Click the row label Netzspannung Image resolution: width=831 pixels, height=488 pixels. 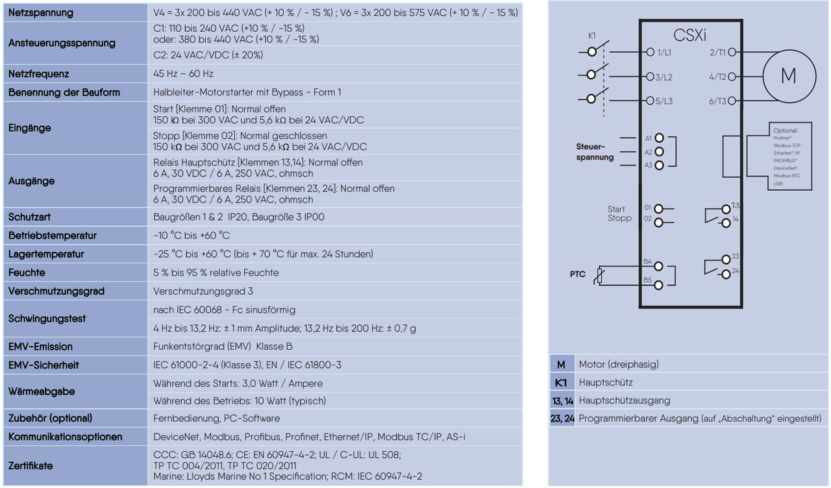41,13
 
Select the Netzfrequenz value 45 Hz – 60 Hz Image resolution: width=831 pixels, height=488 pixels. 183,74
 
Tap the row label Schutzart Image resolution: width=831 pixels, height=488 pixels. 30,217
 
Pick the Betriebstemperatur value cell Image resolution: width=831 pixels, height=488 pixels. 192,235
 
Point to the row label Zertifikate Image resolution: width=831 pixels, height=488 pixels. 31,465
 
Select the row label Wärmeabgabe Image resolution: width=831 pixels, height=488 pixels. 42,391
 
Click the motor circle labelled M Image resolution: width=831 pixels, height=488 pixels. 788,76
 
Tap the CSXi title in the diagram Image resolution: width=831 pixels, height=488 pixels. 689,36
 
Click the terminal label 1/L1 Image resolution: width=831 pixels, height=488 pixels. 664,52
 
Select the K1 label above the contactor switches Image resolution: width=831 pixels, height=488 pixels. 592,36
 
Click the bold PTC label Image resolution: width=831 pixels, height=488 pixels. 577,274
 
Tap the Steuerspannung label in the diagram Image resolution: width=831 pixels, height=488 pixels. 595,152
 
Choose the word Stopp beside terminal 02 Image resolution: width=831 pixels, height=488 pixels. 619,218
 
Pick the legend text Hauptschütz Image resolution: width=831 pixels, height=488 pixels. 606,383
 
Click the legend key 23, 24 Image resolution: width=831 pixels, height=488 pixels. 562,419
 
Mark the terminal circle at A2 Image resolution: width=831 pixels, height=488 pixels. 660,151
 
